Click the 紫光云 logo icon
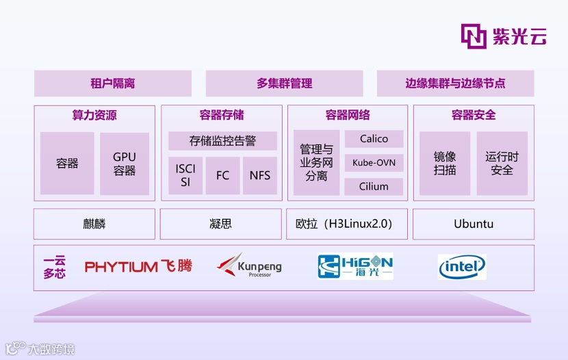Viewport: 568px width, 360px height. pos(474,36)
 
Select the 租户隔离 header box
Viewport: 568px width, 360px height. pos(113,83)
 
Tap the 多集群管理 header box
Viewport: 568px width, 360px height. pos(285,83)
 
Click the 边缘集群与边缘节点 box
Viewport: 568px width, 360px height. pos(455,83)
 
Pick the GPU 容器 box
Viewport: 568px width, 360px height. pos(125,164)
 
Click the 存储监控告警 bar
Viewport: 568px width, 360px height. pos(222,141)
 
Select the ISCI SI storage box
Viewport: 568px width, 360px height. pos(185,175)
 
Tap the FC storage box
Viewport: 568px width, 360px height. pos(222,175)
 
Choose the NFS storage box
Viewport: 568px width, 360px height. pos(260,175)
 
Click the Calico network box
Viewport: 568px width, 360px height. pos(374,139)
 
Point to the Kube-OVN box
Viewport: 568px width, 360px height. pos(374,162)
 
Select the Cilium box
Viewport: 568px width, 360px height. pos(374,186)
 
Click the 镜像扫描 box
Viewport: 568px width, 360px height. pos(445,164)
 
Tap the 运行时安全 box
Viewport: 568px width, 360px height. pos(502,164)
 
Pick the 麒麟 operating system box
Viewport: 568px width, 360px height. pos(94,224)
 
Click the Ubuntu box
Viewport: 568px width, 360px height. pos(474,224)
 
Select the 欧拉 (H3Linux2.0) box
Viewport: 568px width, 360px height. pos(347,224)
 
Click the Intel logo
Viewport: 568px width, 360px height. pos(462,267)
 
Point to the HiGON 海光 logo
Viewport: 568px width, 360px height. pos(355,266)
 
